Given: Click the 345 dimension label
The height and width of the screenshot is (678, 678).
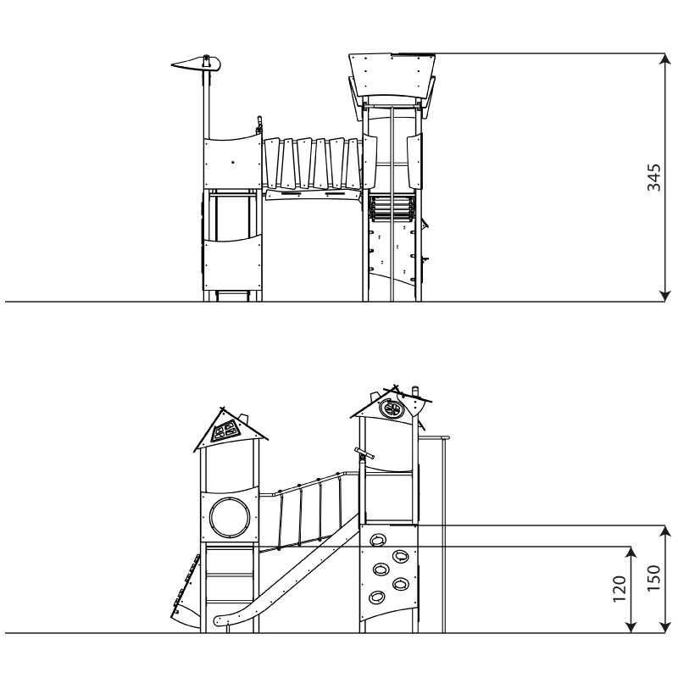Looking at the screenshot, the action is [x=653, y=177].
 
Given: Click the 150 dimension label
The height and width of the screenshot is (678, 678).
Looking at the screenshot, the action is [x=653, y=578].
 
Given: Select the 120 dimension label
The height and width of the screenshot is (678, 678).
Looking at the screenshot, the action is [x=620, y=588].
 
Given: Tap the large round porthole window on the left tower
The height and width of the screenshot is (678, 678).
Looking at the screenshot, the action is [x=230, y=517].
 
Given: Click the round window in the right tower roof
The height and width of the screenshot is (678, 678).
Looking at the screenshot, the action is [x=391, y=408].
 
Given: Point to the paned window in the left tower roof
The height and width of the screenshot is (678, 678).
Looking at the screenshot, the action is [x=225, y=431].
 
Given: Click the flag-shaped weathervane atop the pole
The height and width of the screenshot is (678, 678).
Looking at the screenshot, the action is [x=197, y=64].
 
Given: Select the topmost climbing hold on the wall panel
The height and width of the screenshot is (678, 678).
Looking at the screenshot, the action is [x=378, y=540].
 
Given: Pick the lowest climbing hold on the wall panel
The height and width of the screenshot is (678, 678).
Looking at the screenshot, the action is [x=376, y=597].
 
